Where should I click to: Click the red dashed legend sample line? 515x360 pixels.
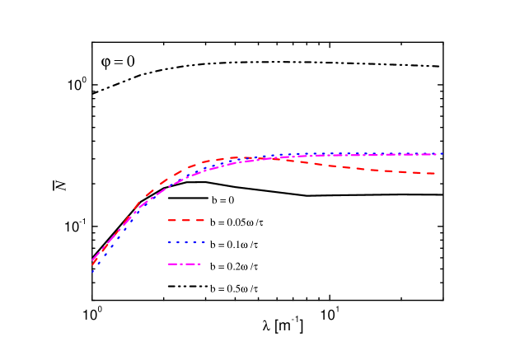(x=185, y=221)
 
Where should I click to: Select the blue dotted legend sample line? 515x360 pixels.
(x=186, y=243)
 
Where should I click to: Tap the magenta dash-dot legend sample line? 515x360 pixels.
(x=184, y=264)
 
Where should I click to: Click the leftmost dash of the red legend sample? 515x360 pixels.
(x=172, y=221)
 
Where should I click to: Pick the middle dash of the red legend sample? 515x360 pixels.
(x=185, y=221)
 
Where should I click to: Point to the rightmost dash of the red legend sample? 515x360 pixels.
(x=199, y=221)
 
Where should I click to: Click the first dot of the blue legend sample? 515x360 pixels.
(x=168, y=243)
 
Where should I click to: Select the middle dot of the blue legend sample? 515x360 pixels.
(x=186, y=243)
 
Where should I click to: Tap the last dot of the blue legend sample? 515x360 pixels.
(x=204, y=243)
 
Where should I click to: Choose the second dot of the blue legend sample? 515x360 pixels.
(x=177, y=243)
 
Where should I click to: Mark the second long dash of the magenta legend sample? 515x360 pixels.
(x=190, y=264)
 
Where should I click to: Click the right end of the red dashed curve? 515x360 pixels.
(x=434, y=174)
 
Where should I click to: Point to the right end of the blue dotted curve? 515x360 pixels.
(x=442, y=154)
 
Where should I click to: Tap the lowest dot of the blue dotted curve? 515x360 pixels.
(x=92, y=271)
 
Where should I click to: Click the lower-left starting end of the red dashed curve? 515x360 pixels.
(x=92, y=260)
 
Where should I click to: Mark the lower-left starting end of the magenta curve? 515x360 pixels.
(x=92, y=264)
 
